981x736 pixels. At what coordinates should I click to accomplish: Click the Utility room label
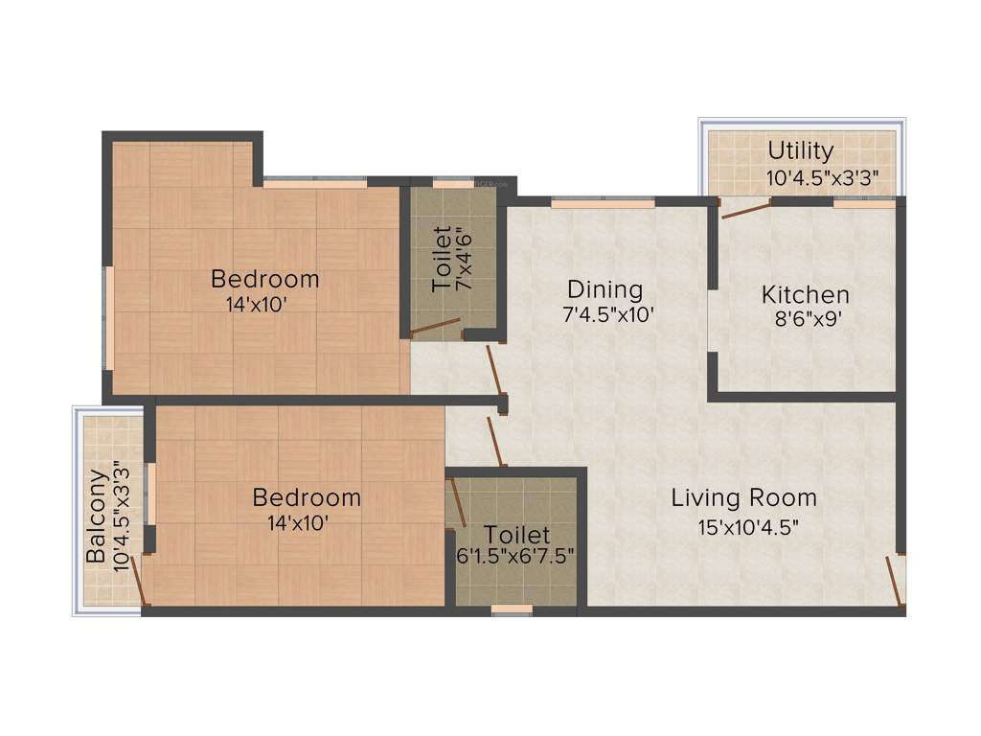pyautogui.click(x=800, y=151)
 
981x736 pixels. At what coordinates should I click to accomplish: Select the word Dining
pyautogui.click(x=605, y=288)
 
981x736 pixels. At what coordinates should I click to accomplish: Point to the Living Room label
pyautogui.click(x=743, y=497)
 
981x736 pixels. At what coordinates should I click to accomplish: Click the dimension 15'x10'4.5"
pyautogui.click(x=748, y=525)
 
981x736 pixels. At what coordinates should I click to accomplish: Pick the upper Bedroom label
pyautogui.click(x=264, y=279)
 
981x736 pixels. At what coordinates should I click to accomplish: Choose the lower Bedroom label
pyautogui.click(x=307, y=497)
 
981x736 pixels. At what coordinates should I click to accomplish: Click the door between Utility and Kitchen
pyautogui.click(x=746, y=210)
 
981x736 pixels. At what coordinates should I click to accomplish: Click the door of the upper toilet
pyautogui.click(x=434, y=330)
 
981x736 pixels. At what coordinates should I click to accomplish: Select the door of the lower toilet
pyautogui.click(x=457, y=502)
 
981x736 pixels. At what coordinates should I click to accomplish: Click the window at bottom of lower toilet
pyautogui.click(x=511, y=609)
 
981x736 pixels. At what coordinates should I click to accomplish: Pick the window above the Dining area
pyautogui.click(x=603, y=202)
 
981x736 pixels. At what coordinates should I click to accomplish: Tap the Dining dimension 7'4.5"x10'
pyautogui.click(x=608, y=314)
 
